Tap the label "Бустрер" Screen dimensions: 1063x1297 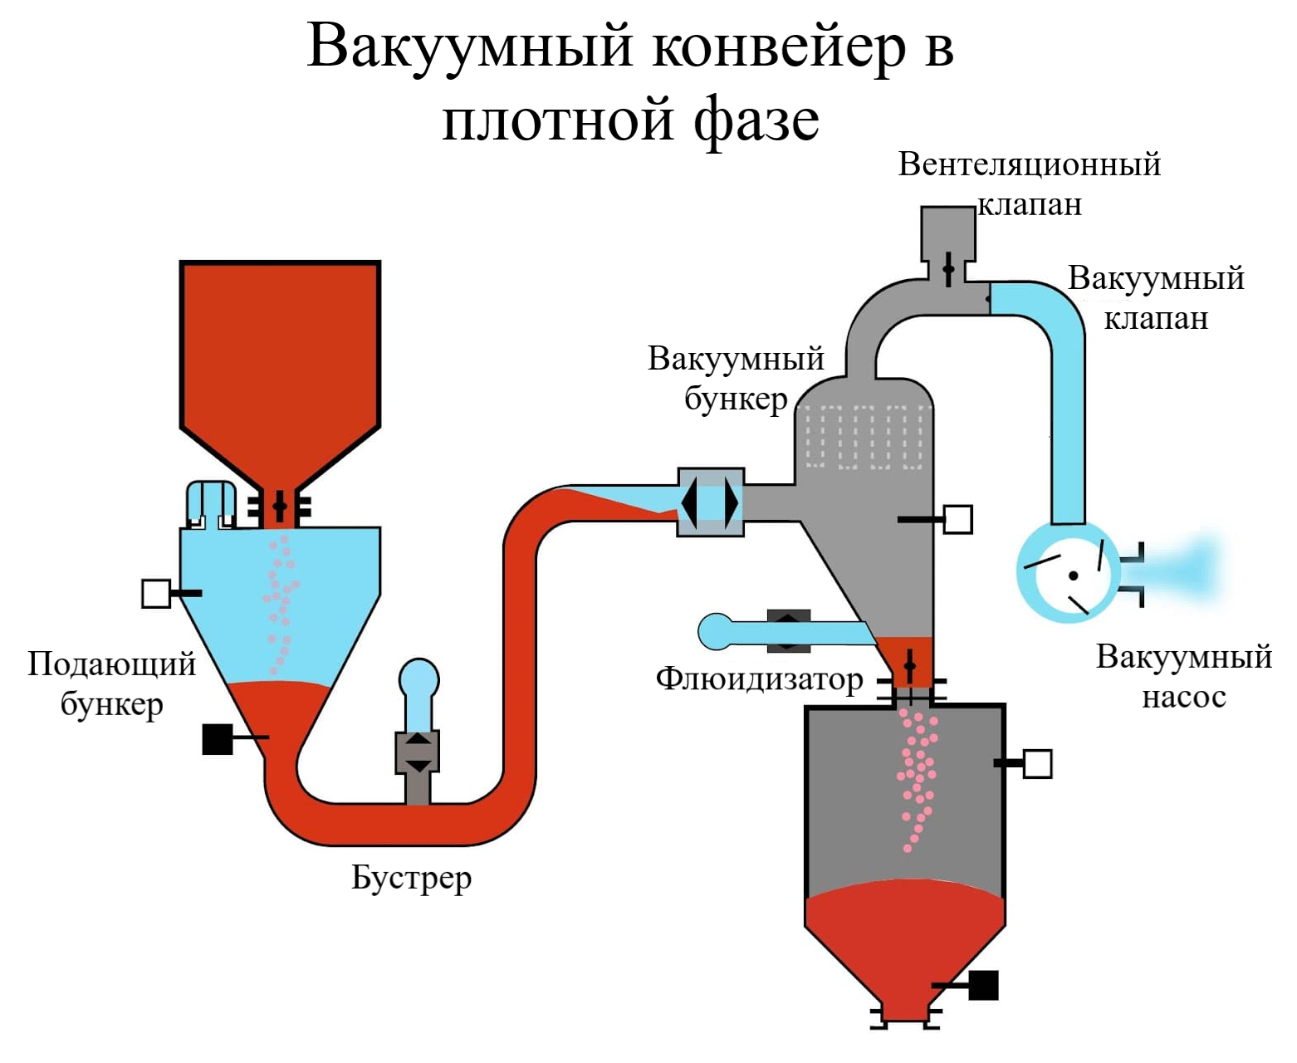coord(411,878)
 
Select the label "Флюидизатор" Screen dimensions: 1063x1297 coord(759,679)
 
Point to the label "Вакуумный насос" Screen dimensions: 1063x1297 coord(1183,676)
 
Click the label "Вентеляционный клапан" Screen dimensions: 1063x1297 coord(1029,184)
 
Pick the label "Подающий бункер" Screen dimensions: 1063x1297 coord(111,683)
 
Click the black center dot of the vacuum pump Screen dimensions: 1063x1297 coord(1073,576)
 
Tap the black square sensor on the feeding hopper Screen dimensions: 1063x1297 coord(218,738)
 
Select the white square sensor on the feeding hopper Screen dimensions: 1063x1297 coord(156,593)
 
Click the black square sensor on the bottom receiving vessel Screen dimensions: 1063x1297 coord(983,985)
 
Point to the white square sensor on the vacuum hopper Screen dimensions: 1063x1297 coord(958,519)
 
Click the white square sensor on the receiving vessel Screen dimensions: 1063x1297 coord(1037,763)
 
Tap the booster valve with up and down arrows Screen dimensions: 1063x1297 coord(417,752)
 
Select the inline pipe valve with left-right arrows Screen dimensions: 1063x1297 coord(711,502)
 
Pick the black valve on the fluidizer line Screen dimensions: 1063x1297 coord(788,631)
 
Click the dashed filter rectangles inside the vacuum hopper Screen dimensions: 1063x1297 coord(864,436)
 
